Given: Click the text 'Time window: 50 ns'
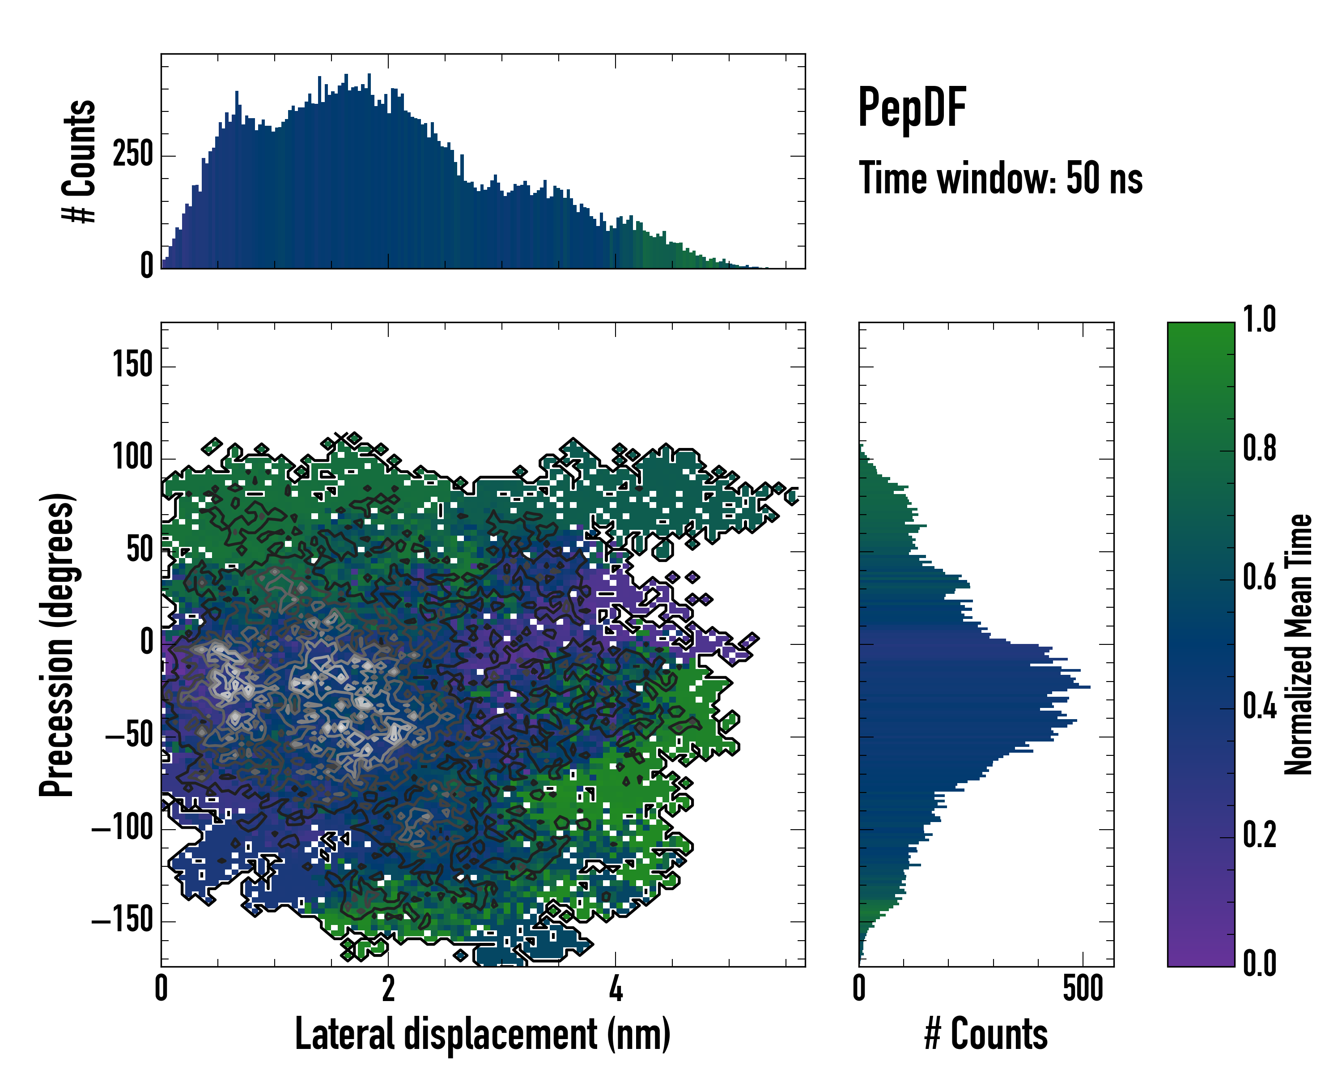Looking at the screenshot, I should [1000, 178].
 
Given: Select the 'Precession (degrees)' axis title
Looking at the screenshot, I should [57, 644].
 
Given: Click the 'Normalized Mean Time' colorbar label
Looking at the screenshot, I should [1299, 644].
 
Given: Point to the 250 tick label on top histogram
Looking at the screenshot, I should [132, 154].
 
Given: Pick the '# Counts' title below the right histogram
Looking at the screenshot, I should [986, 1034].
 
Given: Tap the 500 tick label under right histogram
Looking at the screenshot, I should [1083, 988].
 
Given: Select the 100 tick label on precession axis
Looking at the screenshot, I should [132, 458].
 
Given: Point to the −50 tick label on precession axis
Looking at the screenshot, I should [129, 736].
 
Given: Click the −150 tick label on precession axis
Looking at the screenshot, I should [123, 920].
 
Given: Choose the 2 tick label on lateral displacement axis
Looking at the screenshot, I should [388, 988].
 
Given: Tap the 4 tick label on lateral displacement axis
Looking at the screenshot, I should [616, 988].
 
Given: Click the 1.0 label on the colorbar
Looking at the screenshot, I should [1259, 320].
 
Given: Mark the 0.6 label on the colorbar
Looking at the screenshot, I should [1259, 577].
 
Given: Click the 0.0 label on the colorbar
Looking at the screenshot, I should [1259, 963].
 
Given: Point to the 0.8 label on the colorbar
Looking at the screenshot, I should [1259, 448].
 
